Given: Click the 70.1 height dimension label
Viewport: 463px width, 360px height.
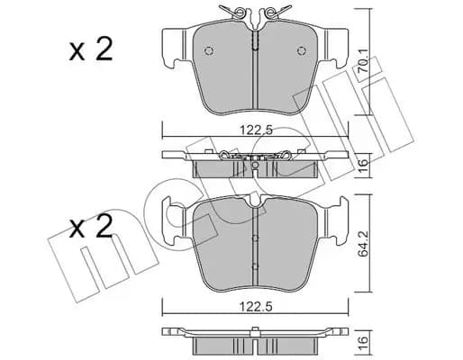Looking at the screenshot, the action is click(364, 62).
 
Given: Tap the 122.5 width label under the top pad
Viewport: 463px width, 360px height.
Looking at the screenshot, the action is click(256, 130).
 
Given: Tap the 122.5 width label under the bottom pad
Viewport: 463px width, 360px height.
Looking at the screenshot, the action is click(256, 307).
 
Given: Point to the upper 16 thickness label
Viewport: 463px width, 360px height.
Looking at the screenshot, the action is click(364, 163).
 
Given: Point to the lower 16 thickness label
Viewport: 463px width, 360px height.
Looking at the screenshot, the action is click(364, 340).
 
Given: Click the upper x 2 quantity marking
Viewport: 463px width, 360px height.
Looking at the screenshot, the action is click(91, 49).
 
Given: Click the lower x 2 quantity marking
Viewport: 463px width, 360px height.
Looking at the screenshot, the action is click(91, 226).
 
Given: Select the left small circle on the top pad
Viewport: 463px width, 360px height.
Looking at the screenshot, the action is click(209, 50).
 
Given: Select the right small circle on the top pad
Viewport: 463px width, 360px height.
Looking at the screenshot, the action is click(302, 50).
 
